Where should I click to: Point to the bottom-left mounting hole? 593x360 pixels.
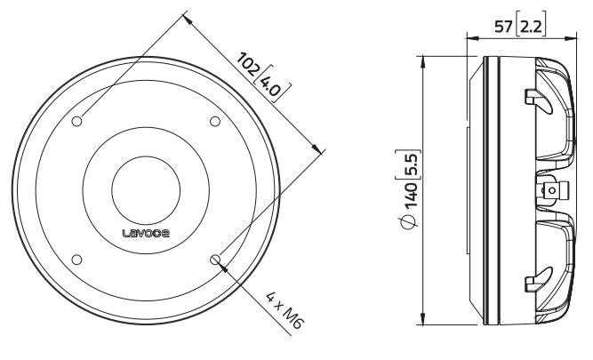coord(77,259)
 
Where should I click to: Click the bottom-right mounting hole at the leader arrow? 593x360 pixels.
coord(214,259)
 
